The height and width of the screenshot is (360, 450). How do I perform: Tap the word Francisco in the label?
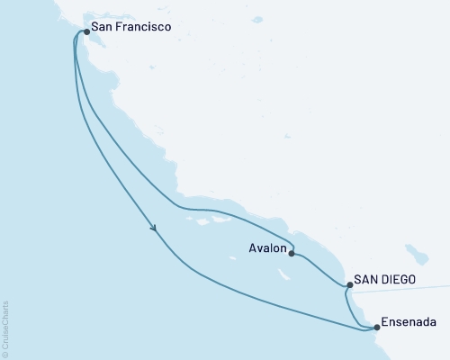pyautogui.click(x=139, y=28)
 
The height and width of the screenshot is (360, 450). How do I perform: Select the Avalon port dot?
pyautogui.click(x=292, y=254)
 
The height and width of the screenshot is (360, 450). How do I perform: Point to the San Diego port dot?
pyautogui.click(x=349, y=285)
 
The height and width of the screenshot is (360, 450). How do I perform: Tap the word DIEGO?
pyautogui.click(x=397, y=279)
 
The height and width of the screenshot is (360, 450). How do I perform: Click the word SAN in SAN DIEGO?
pyautogui.click(x=366, y=279)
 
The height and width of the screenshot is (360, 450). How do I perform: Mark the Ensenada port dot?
pyautogui.click(x=377, y=328)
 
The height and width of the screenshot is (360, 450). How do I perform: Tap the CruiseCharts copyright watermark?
pyautogui.click(x=6, y=328)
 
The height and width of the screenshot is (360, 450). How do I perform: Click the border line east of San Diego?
pyautogui.click(x=423, y=288)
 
